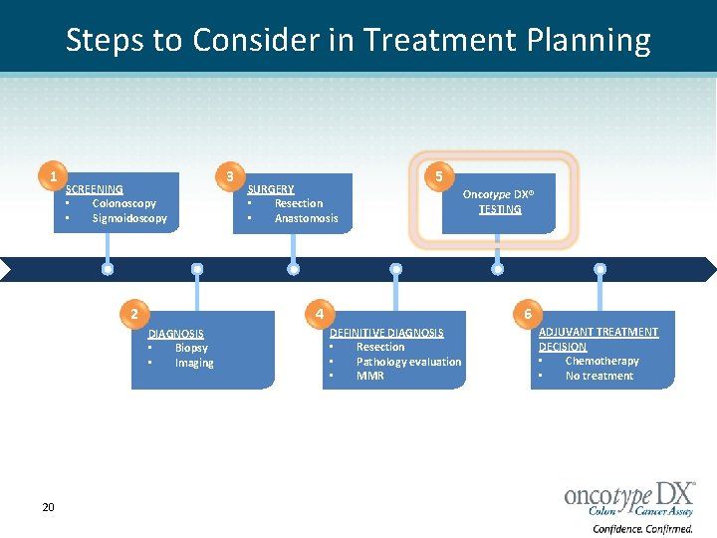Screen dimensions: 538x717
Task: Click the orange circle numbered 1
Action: (x=53, y=176)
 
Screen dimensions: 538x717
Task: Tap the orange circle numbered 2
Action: (x=132, y=315)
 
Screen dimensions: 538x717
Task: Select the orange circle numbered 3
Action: (x=230, y=176)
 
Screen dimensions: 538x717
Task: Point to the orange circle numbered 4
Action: (x=319, y=315)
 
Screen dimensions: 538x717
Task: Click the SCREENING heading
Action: (x=95, y=189)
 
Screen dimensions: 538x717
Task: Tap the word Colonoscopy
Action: (x=123, y=203)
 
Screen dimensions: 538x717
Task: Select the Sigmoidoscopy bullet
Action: (x=129, y=218)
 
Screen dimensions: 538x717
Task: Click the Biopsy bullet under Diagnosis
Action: (x=191, y=348)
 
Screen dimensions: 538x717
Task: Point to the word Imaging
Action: (x=194, y=363)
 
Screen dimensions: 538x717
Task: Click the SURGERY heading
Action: (x=271, y=189)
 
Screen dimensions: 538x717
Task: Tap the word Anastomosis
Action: (x=306, y=218)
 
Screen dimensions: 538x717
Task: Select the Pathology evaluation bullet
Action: (x=408, y=362)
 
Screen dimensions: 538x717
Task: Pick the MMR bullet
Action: (x=369, y=376)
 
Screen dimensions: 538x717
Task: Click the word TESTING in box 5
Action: (x=500, y=209)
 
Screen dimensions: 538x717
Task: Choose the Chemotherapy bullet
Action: (x=601, y=361)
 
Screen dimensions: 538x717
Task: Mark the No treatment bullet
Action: (x=598, y=376)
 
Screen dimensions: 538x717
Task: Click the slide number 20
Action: (x=48, y=508)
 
